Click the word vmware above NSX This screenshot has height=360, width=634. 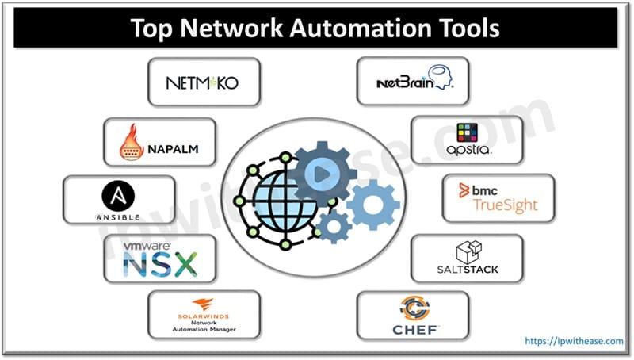(148, 247)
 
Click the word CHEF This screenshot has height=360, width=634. (415, 329)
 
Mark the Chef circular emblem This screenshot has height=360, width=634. (415, 308)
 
